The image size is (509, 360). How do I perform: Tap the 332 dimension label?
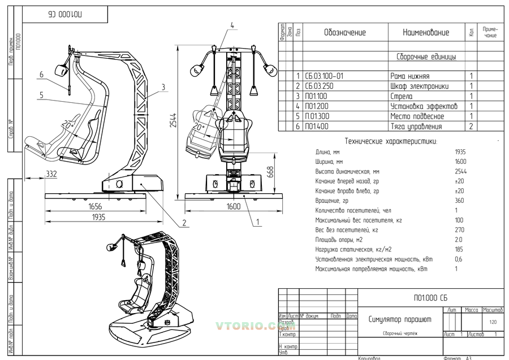coord(51,175)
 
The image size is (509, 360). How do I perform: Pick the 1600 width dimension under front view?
coord(234,207)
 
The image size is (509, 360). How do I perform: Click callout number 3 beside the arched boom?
coord(163,86)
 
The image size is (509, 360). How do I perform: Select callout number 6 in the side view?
coord(42,75)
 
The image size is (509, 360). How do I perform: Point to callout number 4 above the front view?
coord(232,24)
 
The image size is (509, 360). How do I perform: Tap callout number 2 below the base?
coord(185,223)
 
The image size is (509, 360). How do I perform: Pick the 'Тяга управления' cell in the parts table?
coord(416,127)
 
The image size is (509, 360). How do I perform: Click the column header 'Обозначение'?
coord(345,33)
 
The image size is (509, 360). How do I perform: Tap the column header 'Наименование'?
coord(426,33)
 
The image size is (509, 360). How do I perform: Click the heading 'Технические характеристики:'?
coord(390,141)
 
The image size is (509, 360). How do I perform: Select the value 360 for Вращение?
coord(459,201)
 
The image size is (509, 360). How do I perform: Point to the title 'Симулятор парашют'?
coord(400,319)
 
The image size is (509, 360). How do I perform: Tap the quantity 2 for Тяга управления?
coord(471,127)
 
